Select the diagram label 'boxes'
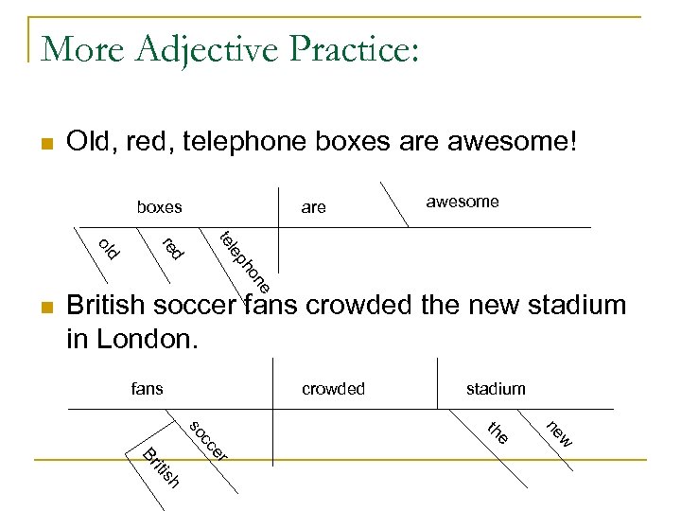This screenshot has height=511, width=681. click(159, 206)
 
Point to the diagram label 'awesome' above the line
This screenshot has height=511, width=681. click(463, 202)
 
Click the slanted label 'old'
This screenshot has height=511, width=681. click(109, 248)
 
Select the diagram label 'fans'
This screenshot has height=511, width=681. click(147, 388)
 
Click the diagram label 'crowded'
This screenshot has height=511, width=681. click(333, 389)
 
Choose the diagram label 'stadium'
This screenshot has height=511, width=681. click(496, 389)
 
